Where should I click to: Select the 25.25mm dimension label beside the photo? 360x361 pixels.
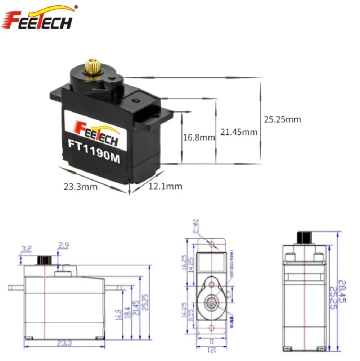[282, 119]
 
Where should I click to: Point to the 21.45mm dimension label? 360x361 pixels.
[239, 132]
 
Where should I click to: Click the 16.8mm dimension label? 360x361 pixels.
[199, 137]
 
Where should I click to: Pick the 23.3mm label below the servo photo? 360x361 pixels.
[80, 187]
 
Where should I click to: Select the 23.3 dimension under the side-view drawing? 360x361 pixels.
[64, 343]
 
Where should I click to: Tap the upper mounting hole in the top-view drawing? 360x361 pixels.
[212, 245]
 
